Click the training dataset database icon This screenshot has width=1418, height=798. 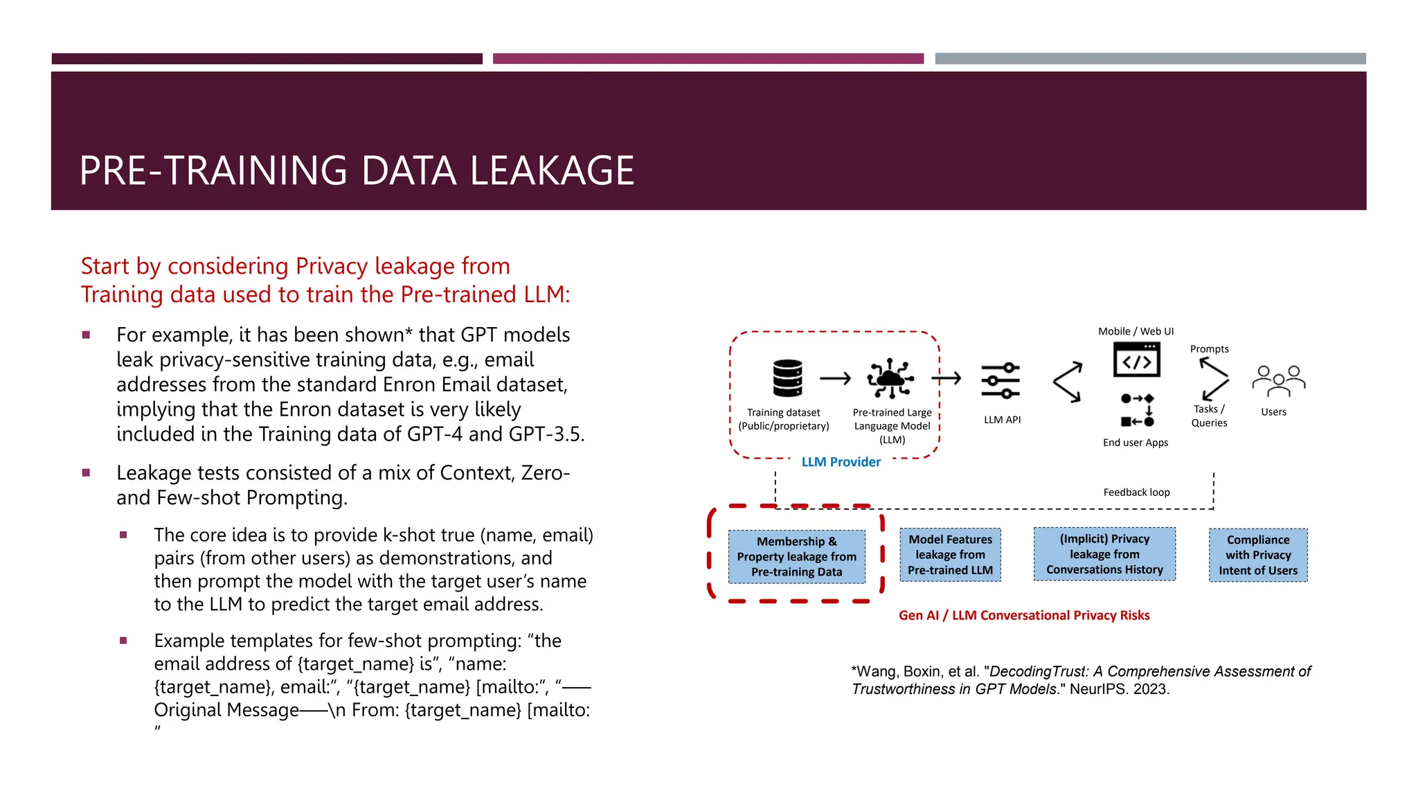(x=787, y=378)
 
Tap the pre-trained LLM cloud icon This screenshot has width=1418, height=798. (x=890, y=378)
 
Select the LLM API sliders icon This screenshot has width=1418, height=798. (x=1000, y=380)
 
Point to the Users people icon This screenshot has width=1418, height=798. (x=1278, y=380)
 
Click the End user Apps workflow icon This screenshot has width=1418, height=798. (x=1137, y=409)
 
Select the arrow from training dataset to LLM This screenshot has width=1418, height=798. (x=835, y=378)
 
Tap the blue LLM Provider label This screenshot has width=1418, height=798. (x=841, y=462)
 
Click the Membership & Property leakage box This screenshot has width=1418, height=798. (x=796, y=556)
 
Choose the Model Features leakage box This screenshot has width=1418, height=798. (x=950, y=555)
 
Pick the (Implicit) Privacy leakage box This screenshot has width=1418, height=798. (x=1104, y=554)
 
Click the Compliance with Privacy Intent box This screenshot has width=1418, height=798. (x=1258, y=555)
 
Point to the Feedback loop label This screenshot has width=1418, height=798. (x=1136, y=493)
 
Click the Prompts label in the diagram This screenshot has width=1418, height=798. (x=1209, y=349)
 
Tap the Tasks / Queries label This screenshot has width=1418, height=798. (x=1209, y=416)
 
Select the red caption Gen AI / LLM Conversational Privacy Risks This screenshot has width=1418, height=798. (x=1024, y=615)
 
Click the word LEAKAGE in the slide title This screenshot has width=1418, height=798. (x=552, y=170)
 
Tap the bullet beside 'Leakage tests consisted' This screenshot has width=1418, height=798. (x=87, y=473)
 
